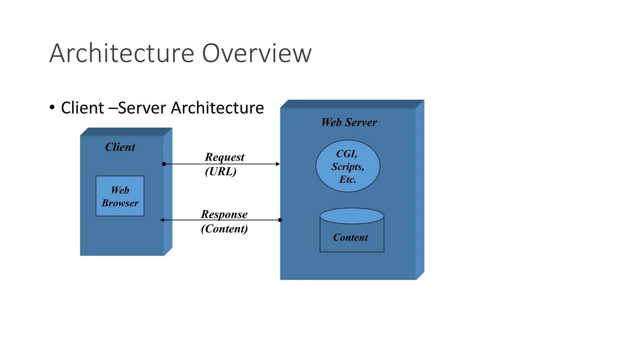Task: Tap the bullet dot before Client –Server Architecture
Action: (x=52, y=107)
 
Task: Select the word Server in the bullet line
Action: (x=142, y=108)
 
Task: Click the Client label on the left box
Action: (x=120, y=147)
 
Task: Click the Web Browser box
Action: (x=120, y=196)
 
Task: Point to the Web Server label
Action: (x=349, y=122)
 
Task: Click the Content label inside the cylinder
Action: (x=350, y=237)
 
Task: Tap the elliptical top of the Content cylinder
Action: (x=352, y=216)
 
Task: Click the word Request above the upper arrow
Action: (x=224, y=157)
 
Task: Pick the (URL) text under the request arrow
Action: (x=221, y=171)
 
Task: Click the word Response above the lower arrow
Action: (x=224, y=214)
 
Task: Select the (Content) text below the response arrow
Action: (x=224, y=229)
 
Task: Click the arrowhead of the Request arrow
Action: (x=278, y=164)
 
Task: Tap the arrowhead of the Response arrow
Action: (x=162, y=220)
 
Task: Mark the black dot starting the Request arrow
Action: (x=164, y=164)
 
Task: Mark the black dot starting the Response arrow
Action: (x=280, y=220)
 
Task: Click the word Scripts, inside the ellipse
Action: (x=348, y=167)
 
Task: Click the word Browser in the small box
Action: (x=120, y=203)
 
